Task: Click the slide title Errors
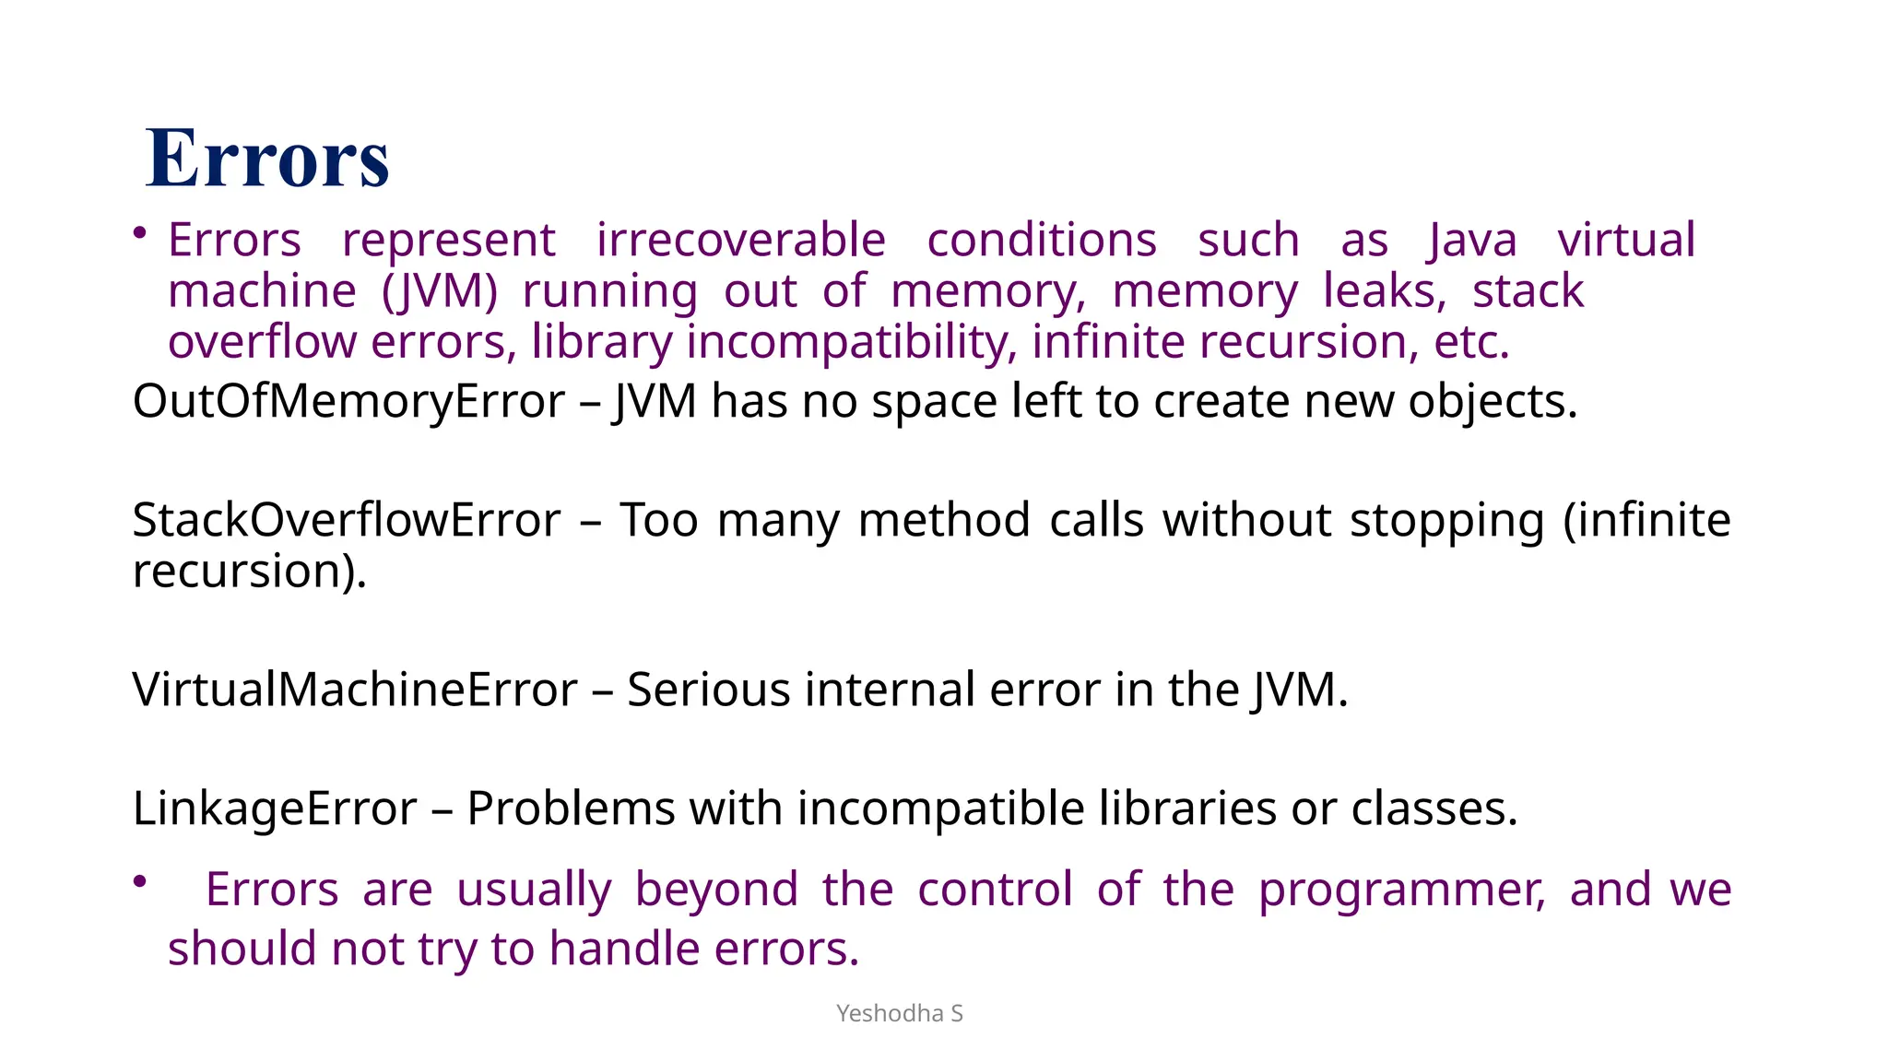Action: tap(267, 159)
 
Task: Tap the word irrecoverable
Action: tap(740, 241)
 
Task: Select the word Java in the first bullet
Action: tap(1472, 241)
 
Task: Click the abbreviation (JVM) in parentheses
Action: tap(439, 292)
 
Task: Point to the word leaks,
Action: tap(1385, 292)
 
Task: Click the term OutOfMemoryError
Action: tap(348, 402)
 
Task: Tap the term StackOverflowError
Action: tap(346, 520)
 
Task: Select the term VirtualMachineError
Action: tap(355, 690)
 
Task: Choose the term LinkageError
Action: tap(275, 808)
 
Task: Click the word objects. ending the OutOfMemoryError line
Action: tap(1493, 402)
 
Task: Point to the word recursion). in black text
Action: tap(250, 572)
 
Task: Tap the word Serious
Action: tap(708, 690)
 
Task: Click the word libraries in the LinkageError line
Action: tap(1187, 808)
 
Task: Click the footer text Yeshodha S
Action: tap(899, 1013)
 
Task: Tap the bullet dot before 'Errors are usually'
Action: tap(140, 882)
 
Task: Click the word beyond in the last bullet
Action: tap(716, 891)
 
